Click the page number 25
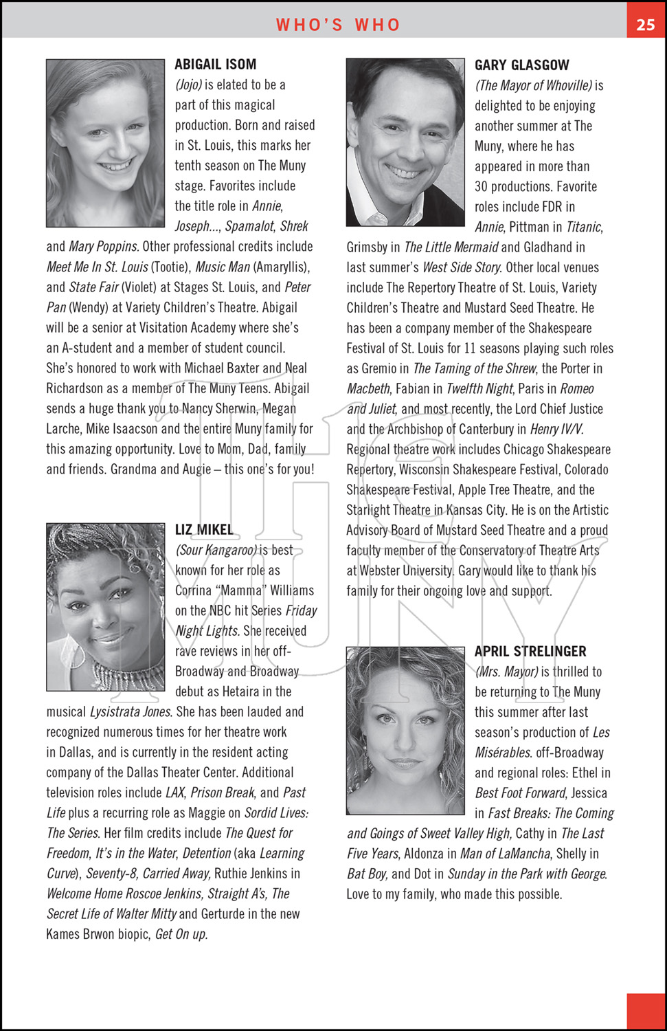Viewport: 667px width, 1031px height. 646,25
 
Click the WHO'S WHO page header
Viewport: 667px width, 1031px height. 338,25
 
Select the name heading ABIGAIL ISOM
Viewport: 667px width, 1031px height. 215,65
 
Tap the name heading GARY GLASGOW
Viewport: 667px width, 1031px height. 521,65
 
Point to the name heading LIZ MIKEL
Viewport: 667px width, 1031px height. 204,530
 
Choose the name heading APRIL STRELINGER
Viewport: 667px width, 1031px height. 530,652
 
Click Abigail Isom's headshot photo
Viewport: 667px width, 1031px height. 106,143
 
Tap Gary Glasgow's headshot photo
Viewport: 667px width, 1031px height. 405,142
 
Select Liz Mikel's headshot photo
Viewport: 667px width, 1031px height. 106,607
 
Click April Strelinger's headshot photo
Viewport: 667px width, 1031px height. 405,731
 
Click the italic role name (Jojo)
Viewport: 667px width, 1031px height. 189,85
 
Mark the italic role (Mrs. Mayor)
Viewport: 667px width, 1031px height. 506,672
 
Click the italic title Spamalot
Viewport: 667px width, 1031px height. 250,227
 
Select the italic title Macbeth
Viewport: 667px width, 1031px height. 368,389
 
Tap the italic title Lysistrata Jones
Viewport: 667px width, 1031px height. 130,712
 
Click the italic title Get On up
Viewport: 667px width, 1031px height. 181,935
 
